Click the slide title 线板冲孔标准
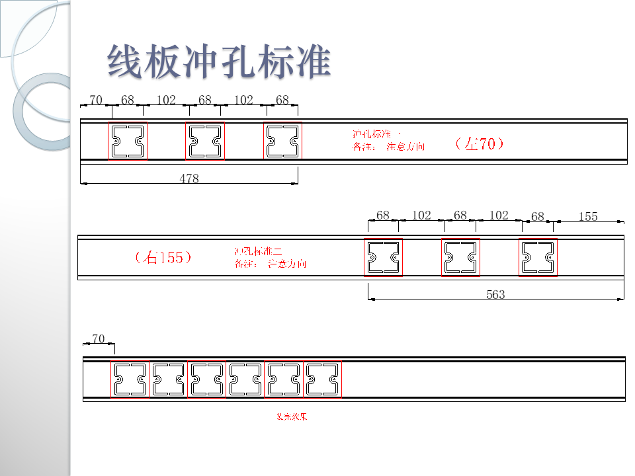coord(219,63)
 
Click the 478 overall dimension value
coord(189,178)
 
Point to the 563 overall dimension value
coord(495,295)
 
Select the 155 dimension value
coord(587,216)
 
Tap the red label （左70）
coord(480,143)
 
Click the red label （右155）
coord(163,257)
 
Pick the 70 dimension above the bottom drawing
coord(98,338)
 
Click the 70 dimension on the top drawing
coord(96,100)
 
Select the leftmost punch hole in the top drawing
coord(128,141)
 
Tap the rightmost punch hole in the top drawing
coord(282,141)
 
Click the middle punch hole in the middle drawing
coord(460,257)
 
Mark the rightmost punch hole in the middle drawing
coord(538,257)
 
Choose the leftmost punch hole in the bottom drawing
coord(130,379)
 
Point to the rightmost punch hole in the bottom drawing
coord(322,379)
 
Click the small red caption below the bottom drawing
coord(292,417)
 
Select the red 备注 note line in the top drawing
coord(389,147)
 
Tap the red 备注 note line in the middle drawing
coord(270,264)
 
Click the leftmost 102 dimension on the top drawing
coord(166,100)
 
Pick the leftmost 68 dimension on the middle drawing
coord(383,216)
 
